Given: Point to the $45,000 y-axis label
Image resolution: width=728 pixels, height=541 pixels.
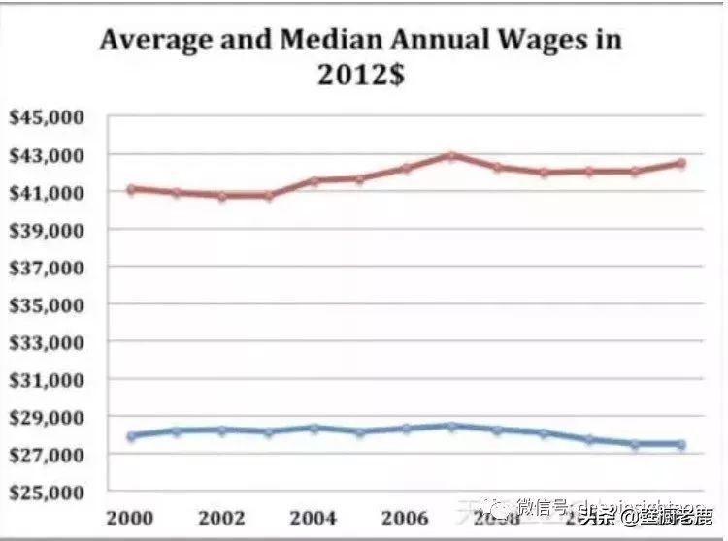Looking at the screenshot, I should tap(49, 117).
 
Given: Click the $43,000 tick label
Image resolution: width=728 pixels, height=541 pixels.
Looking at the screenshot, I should tap(49, 155).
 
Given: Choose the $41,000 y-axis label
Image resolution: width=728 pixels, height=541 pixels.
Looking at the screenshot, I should tap(49, 192).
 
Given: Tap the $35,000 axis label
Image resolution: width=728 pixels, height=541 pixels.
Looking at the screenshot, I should tap(49, 304).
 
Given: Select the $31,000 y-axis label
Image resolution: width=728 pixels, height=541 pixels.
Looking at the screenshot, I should tap(49, 380).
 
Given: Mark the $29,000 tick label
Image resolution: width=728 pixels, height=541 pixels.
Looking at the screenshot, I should tap(49, 417).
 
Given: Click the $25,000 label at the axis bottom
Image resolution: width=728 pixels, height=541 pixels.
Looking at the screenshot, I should tap(49, 493).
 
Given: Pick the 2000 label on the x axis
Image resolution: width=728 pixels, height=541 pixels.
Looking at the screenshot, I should tap(130, 517).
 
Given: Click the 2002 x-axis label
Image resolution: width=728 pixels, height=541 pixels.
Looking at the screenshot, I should tap(221, 517).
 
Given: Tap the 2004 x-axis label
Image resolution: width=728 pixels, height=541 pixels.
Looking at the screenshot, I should tap(313, 517).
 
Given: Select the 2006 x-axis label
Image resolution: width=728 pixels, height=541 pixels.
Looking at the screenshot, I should tap(405, 517).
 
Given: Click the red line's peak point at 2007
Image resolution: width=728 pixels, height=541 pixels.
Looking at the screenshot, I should tap(451, 155).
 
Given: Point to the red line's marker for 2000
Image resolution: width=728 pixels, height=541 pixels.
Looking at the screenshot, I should tap(130, 189).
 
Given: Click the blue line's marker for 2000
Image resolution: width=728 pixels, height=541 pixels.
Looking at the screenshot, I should tap(130, 435).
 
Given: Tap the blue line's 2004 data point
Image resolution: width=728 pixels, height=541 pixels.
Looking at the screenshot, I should tap(314, 428).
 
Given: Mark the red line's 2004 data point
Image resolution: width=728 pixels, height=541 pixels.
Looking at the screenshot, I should tap(314, 180).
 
